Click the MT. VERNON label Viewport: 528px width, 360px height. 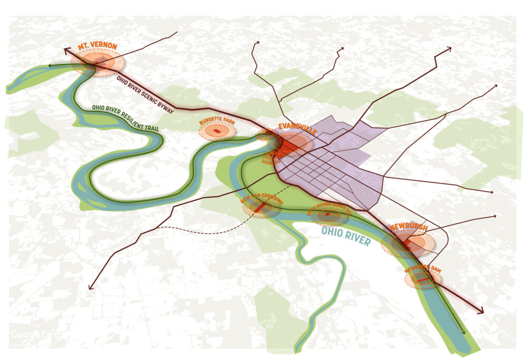click(97, 47)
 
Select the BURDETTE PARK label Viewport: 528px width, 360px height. click(216, 122)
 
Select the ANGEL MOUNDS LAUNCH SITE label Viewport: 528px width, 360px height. click(329, 208)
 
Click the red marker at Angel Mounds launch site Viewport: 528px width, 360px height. click(327, 214)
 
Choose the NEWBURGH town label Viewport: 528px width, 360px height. click(408, 228)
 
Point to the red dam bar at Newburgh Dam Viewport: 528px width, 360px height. click(422, 280)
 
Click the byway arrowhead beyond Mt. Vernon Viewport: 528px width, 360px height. click(65, 50)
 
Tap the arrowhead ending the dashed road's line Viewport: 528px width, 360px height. click(90, 288)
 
